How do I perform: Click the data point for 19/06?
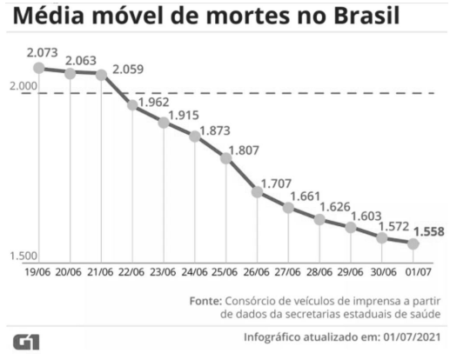coord(39,68)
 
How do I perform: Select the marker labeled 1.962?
coord(132,105)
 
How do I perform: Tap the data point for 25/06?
coord(226,158)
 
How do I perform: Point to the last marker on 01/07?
coord(413,243)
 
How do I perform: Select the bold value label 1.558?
coord(430,231)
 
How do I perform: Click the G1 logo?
coord(25,339)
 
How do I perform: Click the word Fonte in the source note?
coord(205,300)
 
